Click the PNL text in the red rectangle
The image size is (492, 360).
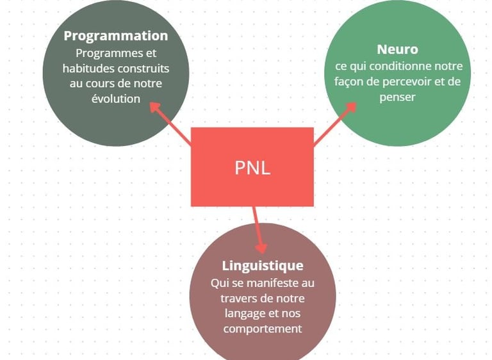click(252, 168)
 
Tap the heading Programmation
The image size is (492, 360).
click(115, 36)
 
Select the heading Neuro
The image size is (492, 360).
click(398, 49)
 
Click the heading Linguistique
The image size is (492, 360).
click(263, 265)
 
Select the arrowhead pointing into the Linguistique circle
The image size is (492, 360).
click(261, 246)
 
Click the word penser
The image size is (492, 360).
click(397, 97)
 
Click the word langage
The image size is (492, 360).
click(246, 314)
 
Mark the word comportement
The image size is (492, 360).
click(263, 329)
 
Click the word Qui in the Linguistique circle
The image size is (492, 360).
click(219, 283)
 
